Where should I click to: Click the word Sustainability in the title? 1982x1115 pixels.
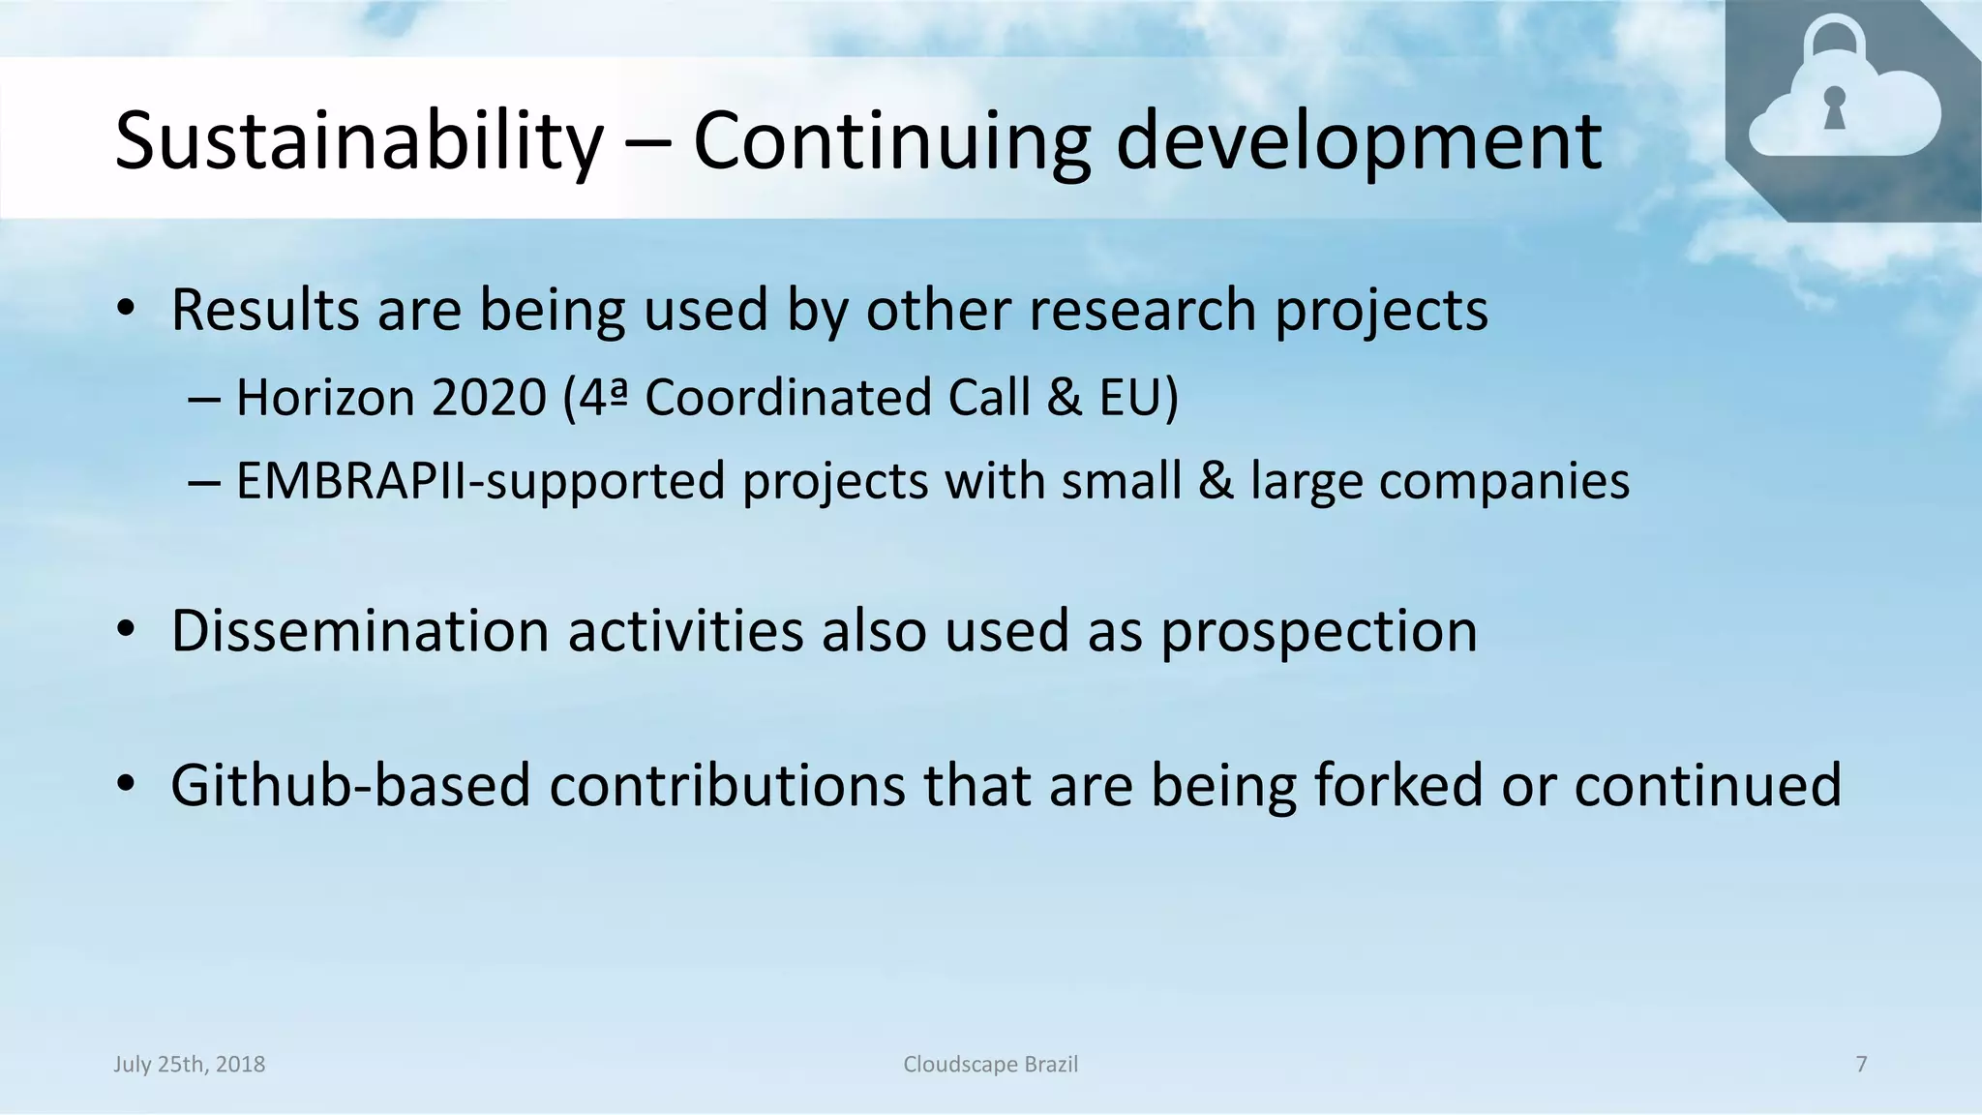pyautogui.click(x=358, y=141)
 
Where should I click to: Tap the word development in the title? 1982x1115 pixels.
pyautogui.click(x=1359, y=141)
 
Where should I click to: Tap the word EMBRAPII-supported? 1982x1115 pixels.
pyautogui.click(x=480, y=481)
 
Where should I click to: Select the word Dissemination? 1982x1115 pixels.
pyautogui.click(x=360, y=631)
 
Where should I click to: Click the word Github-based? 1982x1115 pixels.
pyautogui.click(x=350, y=785)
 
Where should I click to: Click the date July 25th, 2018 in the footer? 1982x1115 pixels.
pyautogui.click(x=190, y=1065)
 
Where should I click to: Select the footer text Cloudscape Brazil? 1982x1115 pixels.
pyautogui.click(x=990, y=1065)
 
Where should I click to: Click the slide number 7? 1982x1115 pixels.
pyautogui.click(x=1861, y=1065)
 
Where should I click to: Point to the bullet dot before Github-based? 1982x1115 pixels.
pyautogui.click(x=125, y=785)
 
